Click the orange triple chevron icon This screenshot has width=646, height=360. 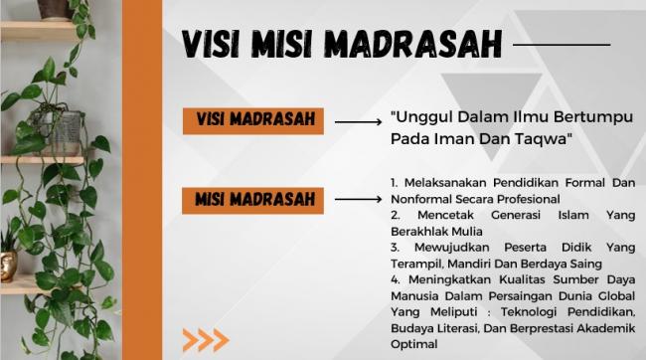coord(205,339)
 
